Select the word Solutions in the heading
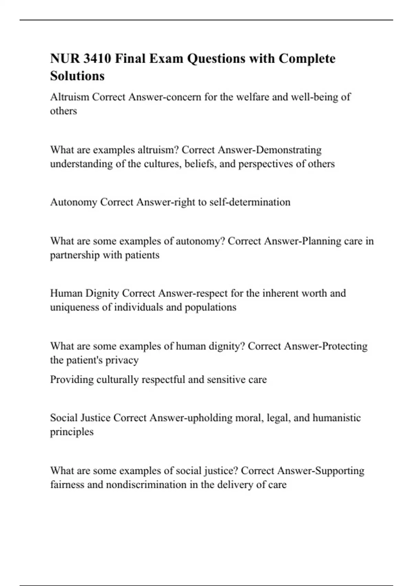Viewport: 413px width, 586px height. (x=77, y=76)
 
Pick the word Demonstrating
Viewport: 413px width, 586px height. (x=289, y=150)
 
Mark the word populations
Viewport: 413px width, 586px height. (x=211, y=307)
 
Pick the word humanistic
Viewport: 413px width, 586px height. (x=337, y=418)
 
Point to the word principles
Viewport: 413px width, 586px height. (x=72, y=432)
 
